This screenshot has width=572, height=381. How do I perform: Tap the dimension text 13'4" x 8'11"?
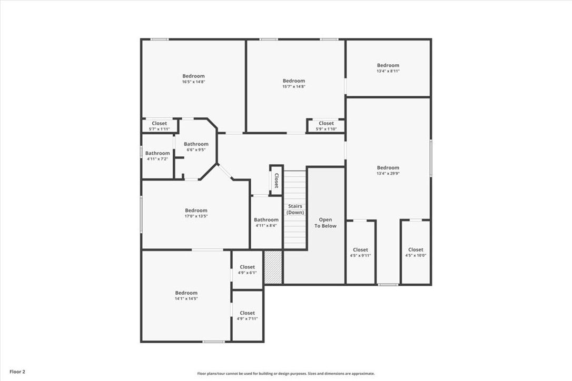coord(388,71)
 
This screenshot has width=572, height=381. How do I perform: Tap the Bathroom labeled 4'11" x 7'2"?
coord(157,156)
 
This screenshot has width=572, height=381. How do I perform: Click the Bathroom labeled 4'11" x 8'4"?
coord(266,223)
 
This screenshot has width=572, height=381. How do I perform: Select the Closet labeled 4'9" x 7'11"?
coord(247,316)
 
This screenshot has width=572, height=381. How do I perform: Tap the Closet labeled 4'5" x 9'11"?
coord(360,253)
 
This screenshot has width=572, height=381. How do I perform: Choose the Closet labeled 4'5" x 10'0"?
coord(416,253)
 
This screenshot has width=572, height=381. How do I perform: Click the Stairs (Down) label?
coord(295,209)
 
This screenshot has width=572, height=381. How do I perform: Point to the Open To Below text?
coord(326,223)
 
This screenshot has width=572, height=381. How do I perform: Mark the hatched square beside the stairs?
coord(273,267)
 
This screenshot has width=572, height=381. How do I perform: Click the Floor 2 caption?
coord(17,372)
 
